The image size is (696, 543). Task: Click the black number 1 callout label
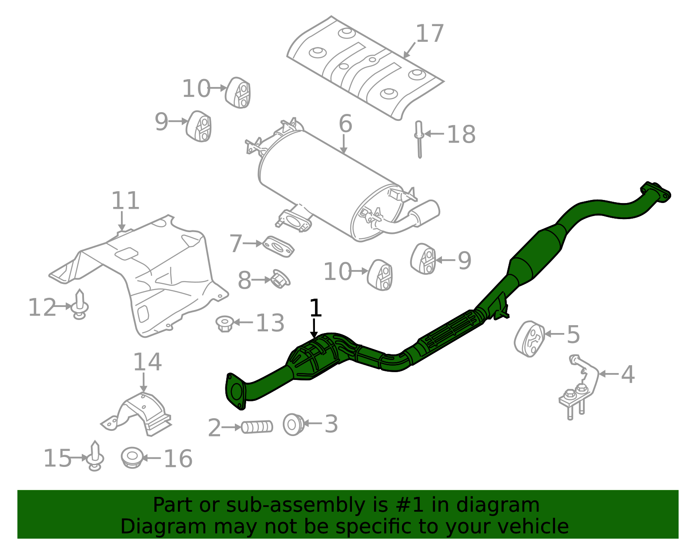[315, 308]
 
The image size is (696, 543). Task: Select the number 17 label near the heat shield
[430, 34]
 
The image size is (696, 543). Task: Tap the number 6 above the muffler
[345, 124]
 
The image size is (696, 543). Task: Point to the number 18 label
[461, 134]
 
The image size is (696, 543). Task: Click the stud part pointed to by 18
[419, 139]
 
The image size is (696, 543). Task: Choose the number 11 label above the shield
[126, 201]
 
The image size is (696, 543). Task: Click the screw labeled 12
[80, 305]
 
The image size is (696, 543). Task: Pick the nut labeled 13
[224, 323]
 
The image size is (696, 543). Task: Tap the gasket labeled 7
[279, 247]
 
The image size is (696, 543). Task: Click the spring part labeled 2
[257, 427]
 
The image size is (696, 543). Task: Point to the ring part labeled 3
[294, 424]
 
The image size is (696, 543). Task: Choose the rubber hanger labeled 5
[529, 339]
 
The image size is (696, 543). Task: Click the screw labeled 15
[95, 456]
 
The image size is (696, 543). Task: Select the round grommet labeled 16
[132, 458]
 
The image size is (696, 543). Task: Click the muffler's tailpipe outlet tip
[428, 212]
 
